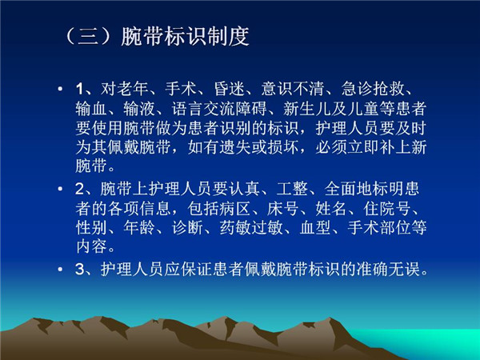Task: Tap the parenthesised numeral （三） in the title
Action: click(88, 37)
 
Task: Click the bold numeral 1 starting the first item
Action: click(79, 89)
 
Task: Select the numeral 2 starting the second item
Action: click(79, 189)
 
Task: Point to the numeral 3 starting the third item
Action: click(79, 270)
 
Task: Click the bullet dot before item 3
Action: click(60, 270)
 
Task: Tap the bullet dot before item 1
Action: click(60, 90)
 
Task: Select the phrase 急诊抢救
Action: click(373, 89)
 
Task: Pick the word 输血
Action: click(91, 108)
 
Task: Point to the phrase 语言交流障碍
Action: click(219, 108)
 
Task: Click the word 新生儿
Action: click(307, 108)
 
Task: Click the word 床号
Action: click(282, 209)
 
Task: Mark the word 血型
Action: click(316, 228)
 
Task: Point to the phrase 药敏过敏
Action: click(251, 228)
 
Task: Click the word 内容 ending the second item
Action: click(91, 246)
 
